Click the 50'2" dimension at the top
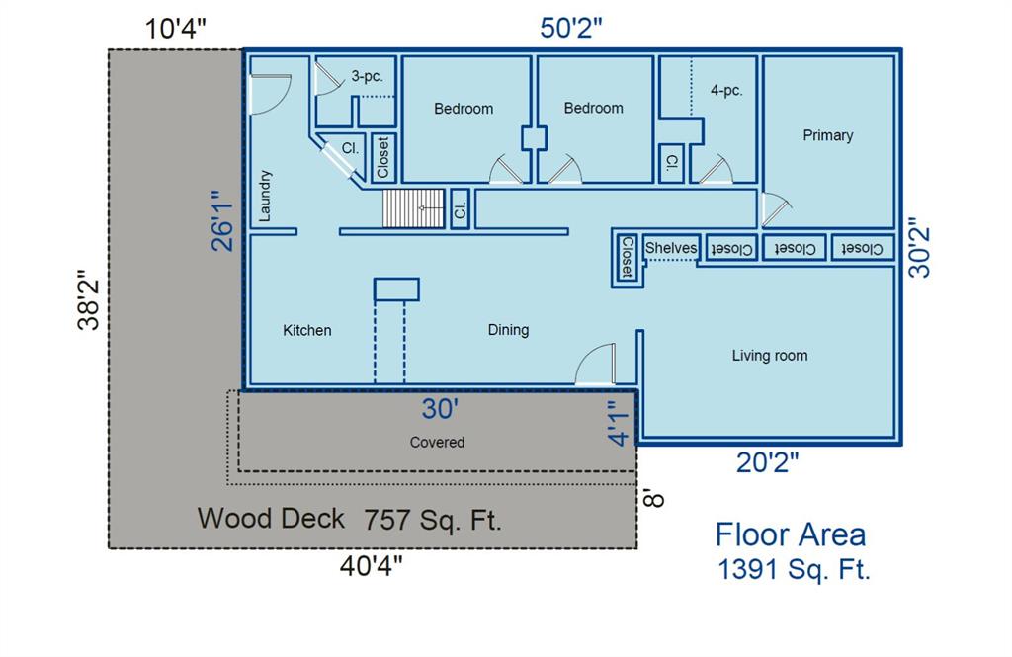(571, 28)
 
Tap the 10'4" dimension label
(176, 29)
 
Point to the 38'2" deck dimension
(88, 300)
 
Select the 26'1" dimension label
(222, 220)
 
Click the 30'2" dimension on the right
(919, 252)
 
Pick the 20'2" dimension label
(767, 462)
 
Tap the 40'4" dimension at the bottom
(372, 566)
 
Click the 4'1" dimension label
(618, 423)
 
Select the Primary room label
(828, 135)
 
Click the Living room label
(769, 356)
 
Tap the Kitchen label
(307, 330)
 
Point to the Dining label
(509, 330)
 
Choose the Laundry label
(265, 197)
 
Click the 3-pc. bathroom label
(368, 77)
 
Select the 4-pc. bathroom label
(726, 90)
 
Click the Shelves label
(671, 248)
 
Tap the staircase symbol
(414, 208)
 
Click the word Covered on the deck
(437, 442)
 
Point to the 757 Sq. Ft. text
(433, 520)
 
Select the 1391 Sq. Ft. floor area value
(794, 569)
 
